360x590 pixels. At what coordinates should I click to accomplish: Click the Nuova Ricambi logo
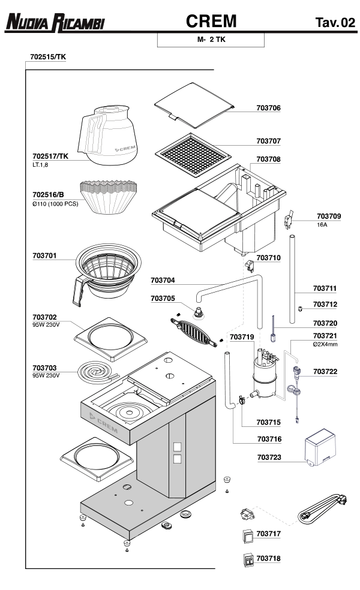55,23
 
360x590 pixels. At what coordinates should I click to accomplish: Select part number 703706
269,108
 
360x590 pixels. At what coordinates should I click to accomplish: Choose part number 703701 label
44,256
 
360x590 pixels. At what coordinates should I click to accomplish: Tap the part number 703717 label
269,532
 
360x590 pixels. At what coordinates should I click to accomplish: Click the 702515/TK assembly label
47,57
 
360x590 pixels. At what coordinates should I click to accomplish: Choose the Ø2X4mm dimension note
325,344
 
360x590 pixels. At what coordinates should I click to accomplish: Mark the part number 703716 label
269,438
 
